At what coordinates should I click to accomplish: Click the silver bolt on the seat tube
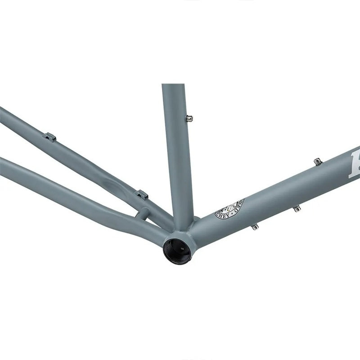coord(190,118)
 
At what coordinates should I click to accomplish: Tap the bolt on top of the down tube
coord(318,162)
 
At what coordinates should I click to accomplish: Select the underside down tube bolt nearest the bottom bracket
coord(255,226)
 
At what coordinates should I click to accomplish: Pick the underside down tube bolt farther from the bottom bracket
coord(296,209)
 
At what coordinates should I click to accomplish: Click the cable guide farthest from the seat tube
coord(49,137)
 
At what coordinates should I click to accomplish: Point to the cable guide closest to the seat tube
coord(142,195)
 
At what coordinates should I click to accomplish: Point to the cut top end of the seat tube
coord(173,85)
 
